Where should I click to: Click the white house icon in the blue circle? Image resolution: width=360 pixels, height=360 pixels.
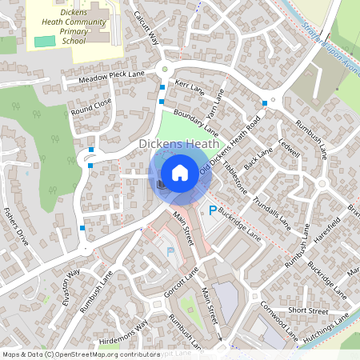(x=180, y=172)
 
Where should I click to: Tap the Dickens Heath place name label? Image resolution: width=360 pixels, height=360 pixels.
(x=179, y=144)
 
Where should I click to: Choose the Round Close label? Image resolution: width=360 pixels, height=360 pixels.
(x=91, y=106)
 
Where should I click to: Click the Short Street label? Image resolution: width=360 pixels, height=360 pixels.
(x=308, y=310)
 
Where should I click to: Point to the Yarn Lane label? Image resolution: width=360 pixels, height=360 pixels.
(x=214, y=103)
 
